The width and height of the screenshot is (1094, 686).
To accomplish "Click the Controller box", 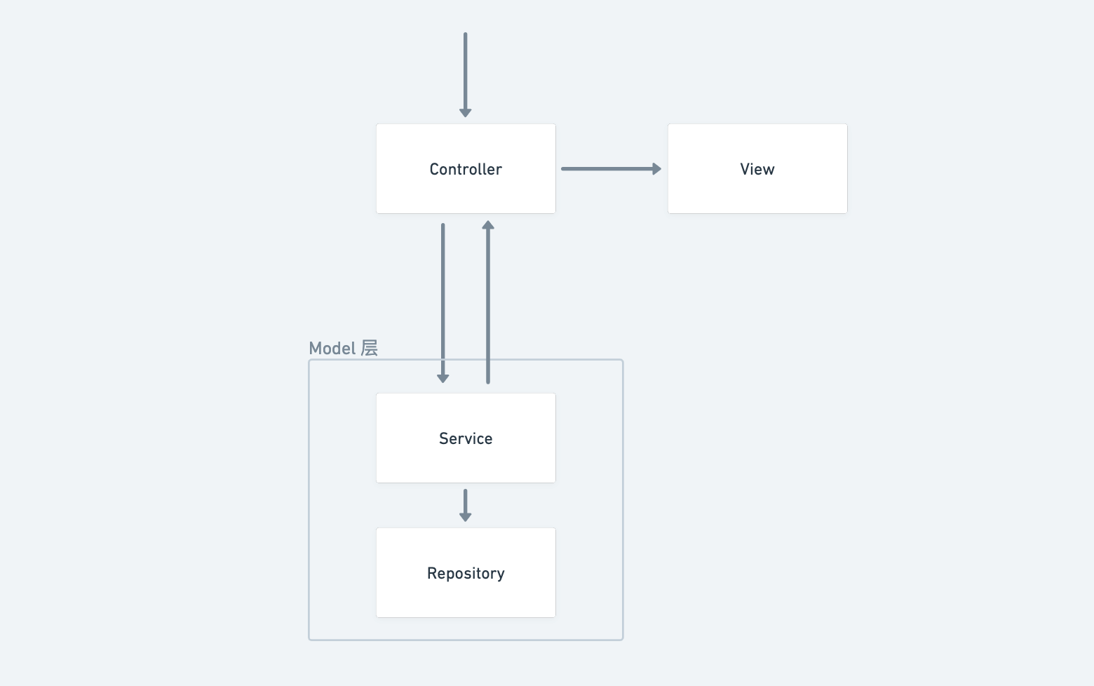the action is pos(466,168).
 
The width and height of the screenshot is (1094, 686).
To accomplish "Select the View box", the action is pos(757,168).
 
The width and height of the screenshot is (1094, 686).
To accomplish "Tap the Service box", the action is pos(466,438).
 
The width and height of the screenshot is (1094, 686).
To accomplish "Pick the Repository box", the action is pos(466,572).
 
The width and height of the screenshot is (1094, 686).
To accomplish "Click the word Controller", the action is pos(466,169).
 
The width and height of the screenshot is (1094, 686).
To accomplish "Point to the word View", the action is pos(757,169).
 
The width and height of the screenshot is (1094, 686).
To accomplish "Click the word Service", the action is pos(466,438).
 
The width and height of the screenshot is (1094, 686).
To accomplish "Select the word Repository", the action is pos(466,574).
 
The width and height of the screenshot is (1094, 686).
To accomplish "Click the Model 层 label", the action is pos(344,349).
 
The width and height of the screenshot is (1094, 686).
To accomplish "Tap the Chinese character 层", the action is pos(370,349).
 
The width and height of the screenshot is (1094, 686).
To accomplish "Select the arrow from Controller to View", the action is pos(612,168).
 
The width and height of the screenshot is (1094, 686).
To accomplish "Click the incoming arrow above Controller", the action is pos(466,75).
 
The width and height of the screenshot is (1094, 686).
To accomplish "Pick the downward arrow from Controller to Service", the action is pos(443,303).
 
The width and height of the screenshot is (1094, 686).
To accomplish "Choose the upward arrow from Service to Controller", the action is pos(488,302).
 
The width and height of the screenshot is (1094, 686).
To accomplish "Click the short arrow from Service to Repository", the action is pos(466,505).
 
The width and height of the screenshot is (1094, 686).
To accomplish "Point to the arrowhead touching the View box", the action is pos(657,168).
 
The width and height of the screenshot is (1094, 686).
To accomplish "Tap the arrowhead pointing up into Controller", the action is pos(488,224).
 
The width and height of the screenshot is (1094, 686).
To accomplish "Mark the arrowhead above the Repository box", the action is pos(466,518).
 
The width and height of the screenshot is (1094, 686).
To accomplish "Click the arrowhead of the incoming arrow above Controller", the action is pos(466,114).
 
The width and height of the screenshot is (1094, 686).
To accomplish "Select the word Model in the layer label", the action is pos(332,349).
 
